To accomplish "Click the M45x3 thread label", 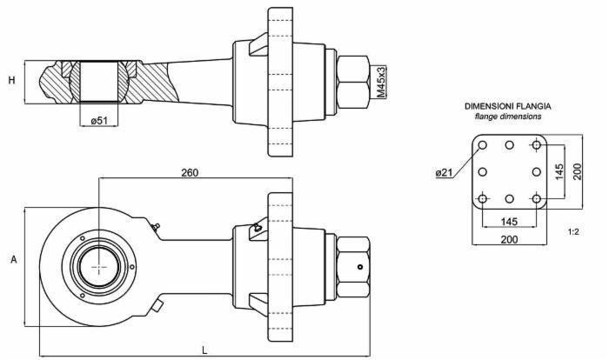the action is click(382, 83).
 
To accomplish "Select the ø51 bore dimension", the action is click(98, 121).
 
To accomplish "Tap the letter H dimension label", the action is click(12, 80).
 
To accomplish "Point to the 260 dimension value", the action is click(190, 172).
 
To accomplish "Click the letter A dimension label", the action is click(14, 259).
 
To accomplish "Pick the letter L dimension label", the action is click(204, 350).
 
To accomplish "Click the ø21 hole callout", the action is click(445, 172).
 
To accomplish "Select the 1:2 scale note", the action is click(573, 232).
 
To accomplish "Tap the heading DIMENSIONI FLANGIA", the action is click(507, 106).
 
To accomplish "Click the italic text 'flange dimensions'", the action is click(507, 117).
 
